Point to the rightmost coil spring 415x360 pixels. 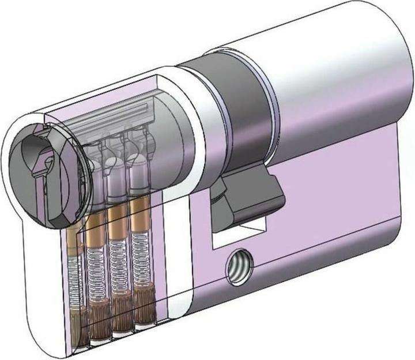(139, 254)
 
